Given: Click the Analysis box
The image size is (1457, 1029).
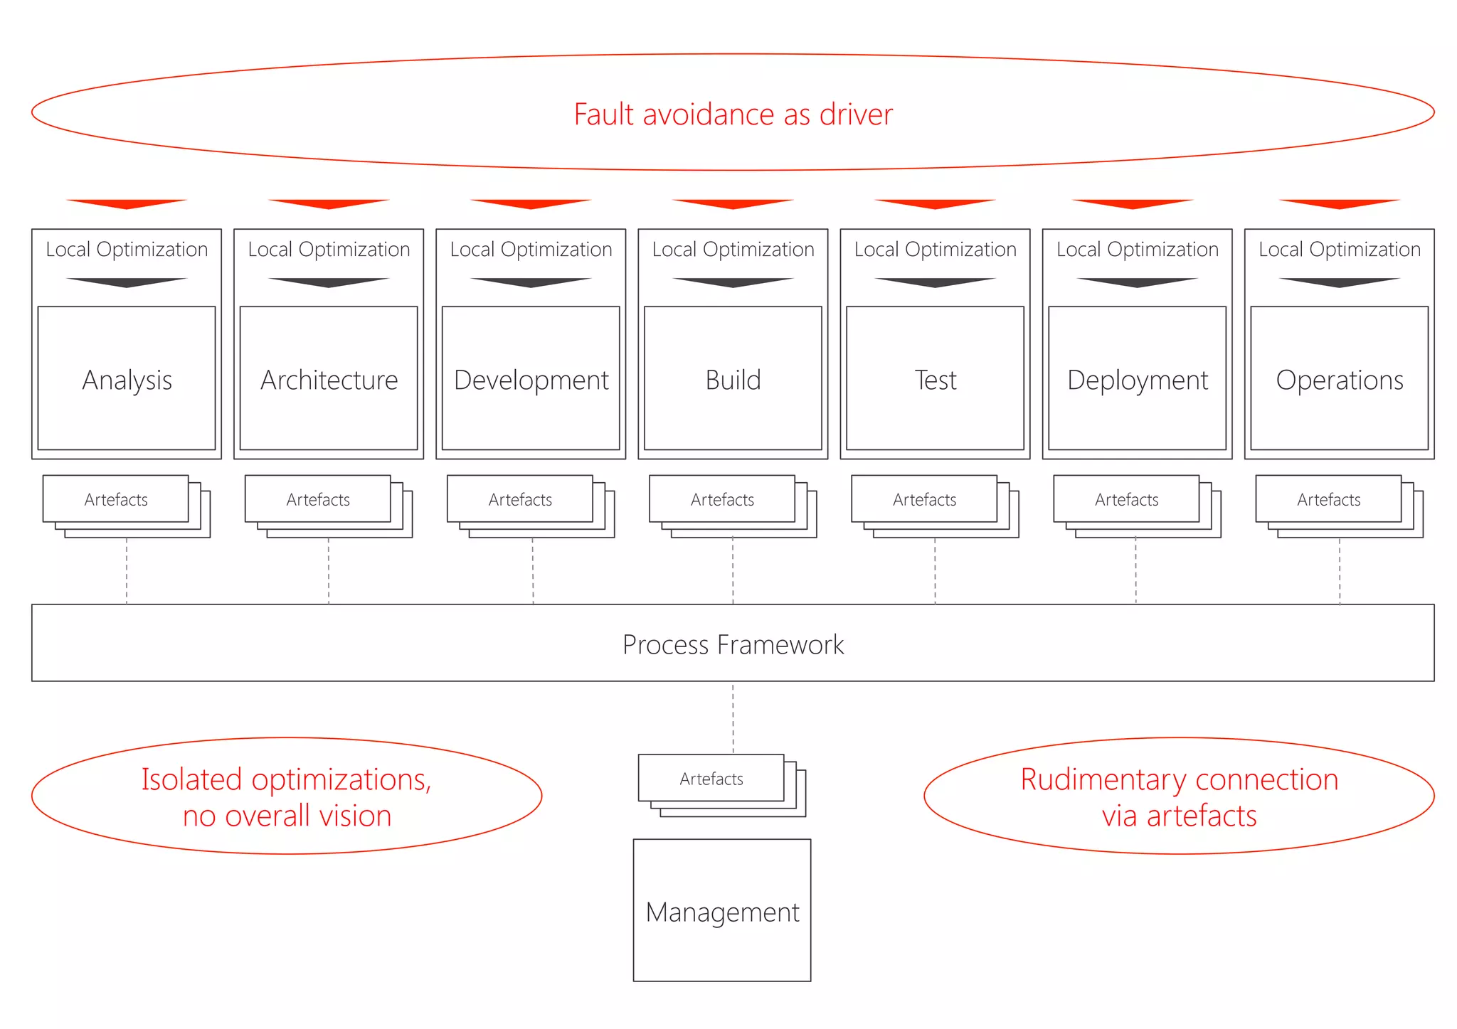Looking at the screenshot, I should (127, 378).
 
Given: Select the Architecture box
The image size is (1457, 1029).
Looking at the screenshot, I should (329, 378).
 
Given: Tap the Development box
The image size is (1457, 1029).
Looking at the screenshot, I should (531, 378).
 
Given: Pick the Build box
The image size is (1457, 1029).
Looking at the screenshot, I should (733, 378).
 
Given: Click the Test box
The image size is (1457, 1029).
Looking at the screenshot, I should (935, 378).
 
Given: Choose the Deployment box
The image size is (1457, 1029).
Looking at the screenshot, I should (1137, 378).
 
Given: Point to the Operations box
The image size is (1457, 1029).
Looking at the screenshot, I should (1339, 378).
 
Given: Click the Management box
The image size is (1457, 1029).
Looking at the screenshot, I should (722, 910).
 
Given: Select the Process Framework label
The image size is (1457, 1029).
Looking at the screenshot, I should (733, 644).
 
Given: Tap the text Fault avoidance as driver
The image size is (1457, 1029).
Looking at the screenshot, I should (733, 114).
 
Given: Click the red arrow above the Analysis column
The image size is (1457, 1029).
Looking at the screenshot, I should (127, 204).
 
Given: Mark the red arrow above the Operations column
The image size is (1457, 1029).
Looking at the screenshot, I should (1339, 204).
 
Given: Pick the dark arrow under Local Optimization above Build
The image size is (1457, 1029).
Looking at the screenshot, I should (733, 282).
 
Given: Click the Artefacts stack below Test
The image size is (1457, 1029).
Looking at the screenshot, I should (925, 499).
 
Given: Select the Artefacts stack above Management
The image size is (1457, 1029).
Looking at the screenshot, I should (711, 779).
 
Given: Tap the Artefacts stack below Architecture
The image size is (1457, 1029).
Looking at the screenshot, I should (318, 499).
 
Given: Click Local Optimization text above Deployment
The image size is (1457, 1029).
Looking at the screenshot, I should (1137, 250).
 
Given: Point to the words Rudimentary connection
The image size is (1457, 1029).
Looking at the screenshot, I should (1179, 779).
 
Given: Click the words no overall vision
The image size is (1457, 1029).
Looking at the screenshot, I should (287, 816).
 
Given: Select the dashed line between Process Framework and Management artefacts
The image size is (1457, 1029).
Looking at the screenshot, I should (733, 718).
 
